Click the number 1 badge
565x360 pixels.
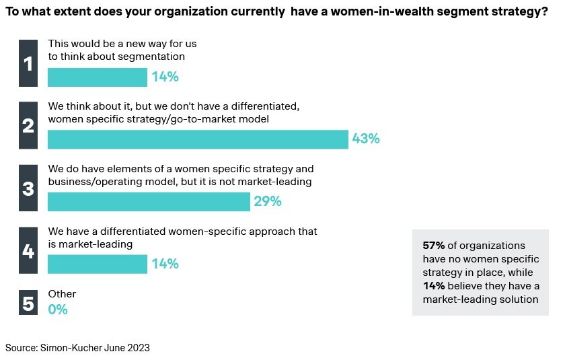(28, 63)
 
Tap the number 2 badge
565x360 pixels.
(28, 125)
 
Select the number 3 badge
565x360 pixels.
(28, 188)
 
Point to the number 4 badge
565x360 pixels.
(28, 251)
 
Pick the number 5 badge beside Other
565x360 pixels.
(28, 303)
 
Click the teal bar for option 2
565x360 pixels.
(198, 139)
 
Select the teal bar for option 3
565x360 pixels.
(149, 202)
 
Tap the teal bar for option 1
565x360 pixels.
(98, 77)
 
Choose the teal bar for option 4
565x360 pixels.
(98, 264)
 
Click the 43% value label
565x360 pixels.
(366, 139)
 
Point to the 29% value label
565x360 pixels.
(267, 202)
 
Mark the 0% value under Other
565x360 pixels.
(58, 310)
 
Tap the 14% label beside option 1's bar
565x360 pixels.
(165, 77)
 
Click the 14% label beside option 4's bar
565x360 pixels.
(165, 264)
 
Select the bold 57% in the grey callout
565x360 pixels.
(434, 246)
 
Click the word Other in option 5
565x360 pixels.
(62, 294)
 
